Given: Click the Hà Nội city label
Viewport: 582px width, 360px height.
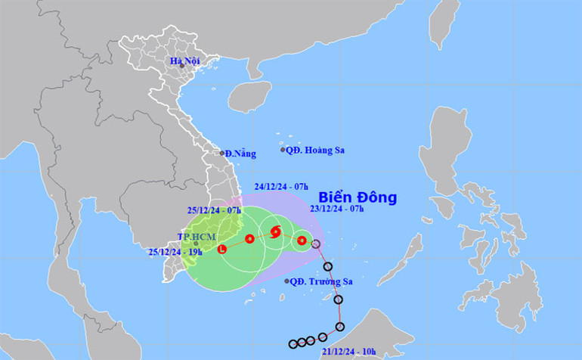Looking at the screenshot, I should tap(186, 60).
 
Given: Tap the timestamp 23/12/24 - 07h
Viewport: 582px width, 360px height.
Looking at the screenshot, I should tap(338, 209).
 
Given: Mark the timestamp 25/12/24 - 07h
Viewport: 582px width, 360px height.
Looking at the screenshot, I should tap(214, 209).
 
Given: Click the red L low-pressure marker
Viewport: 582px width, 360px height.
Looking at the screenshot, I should tap(221, 249).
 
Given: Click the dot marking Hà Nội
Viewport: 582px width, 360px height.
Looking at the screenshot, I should tap(182, 66).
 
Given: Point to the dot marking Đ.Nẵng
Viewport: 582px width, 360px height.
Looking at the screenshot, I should tap(222, 153).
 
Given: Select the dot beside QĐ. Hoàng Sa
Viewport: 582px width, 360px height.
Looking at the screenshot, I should tap(283, 150).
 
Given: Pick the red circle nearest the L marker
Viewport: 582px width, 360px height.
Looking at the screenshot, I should tap(249, 240).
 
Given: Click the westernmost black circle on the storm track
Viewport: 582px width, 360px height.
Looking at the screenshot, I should tap(293, 344).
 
